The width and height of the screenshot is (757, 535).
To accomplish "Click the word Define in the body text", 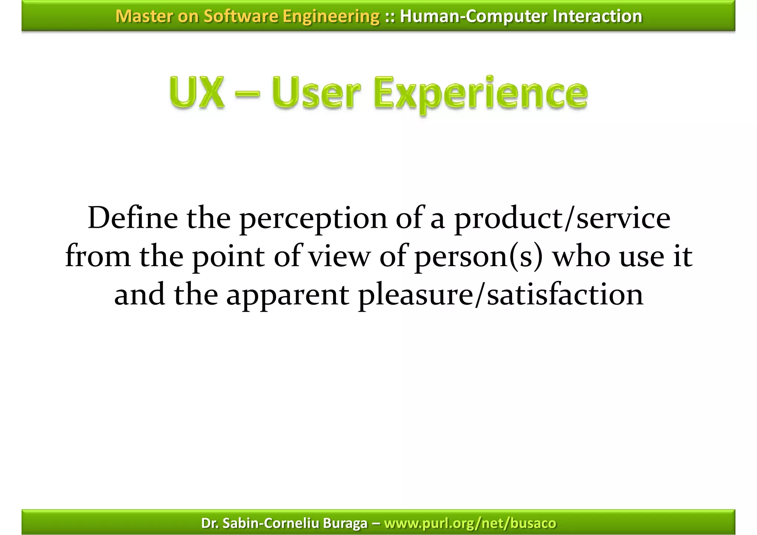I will tap(133, 219).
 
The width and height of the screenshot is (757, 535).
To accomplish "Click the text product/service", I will tap(562, 219).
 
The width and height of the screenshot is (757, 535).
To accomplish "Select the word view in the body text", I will tap(339, 257).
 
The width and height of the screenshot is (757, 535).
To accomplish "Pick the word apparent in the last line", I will tap(288, 296).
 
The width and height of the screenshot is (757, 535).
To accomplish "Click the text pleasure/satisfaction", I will tap(501, 295).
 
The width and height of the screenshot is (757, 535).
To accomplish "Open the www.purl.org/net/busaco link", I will tap(470, 523).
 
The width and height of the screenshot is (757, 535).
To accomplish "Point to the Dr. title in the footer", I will tap(210, 523).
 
